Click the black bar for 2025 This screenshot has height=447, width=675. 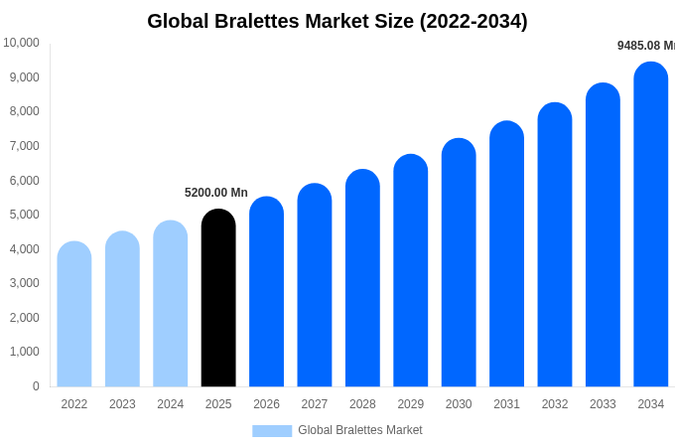coord(218,298)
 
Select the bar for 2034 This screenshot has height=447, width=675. coord(650,224)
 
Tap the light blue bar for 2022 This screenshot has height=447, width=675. coord(74,314)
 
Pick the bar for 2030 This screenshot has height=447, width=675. coord(459,262)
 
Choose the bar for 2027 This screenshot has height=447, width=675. coord(315,285)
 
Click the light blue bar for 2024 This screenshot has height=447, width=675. coord(170,304)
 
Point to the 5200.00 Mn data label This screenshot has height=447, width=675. coord(216,193)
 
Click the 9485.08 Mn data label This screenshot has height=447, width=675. coord(645,46)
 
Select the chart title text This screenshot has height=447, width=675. coord(337,21)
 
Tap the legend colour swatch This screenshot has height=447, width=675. coord(272,431)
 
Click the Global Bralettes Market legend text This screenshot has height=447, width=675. coord(360,430)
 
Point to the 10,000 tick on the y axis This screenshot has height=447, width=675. coord(21,43)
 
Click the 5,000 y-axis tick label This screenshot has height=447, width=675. coord(23,215)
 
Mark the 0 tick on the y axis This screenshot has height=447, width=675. coord(36,386)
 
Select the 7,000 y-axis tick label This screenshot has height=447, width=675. coord(23,146)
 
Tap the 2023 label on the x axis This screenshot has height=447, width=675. coord(122,404)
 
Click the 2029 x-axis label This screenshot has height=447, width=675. coord(411,404)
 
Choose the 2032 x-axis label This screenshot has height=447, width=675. coord(555,404)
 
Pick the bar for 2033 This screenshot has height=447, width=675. coord(603,235)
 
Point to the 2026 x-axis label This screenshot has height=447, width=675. coord(266,404)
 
